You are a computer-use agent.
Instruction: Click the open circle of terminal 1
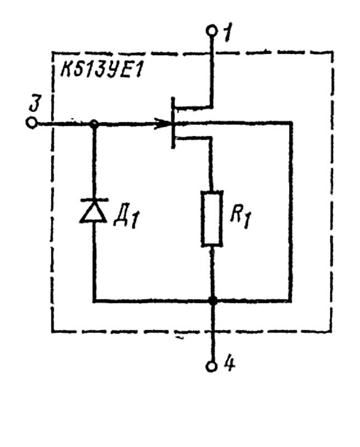click(211, 31)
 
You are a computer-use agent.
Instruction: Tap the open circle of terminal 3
click(31, 123)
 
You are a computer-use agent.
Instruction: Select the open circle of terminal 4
click(212, 367)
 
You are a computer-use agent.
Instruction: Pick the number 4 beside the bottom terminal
click(229, 364)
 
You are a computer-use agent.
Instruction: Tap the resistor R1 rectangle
click(212, 218)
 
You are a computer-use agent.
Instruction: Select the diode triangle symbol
click(93, 211)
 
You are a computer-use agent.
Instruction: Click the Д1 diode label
click(125, 217)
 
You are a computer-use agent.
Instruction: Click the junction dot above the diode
click(94, 123)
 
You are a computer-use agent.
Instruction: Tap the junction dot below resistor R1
click(212, 301)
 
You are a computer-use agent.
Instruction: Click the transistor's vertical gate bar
click(173, 123)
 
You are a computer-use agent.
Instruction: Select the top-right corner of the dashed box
click(332, 53)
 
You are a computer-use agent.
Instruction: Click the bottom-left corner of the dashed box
click(53, 331)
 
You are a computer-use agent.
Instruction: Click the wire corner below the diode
click(94, 301)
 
